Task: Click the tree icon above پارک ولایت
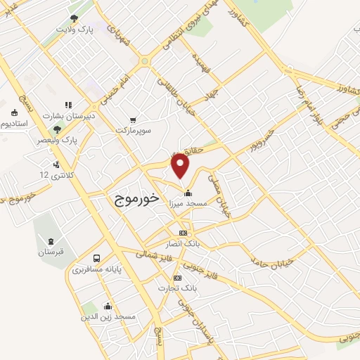pyautogui.click(x=74, y=19)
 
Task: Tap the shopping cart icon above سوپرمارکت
pyautogui.click(x=134, y=120)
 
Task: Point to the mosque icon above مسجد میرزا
pyautogui.click(x=187, y=193)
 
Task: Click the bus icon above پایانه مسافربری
pyautogui.click(x=96, y=257)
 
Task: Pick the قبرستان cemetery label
pyautogui.click(x=50, y=251)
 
